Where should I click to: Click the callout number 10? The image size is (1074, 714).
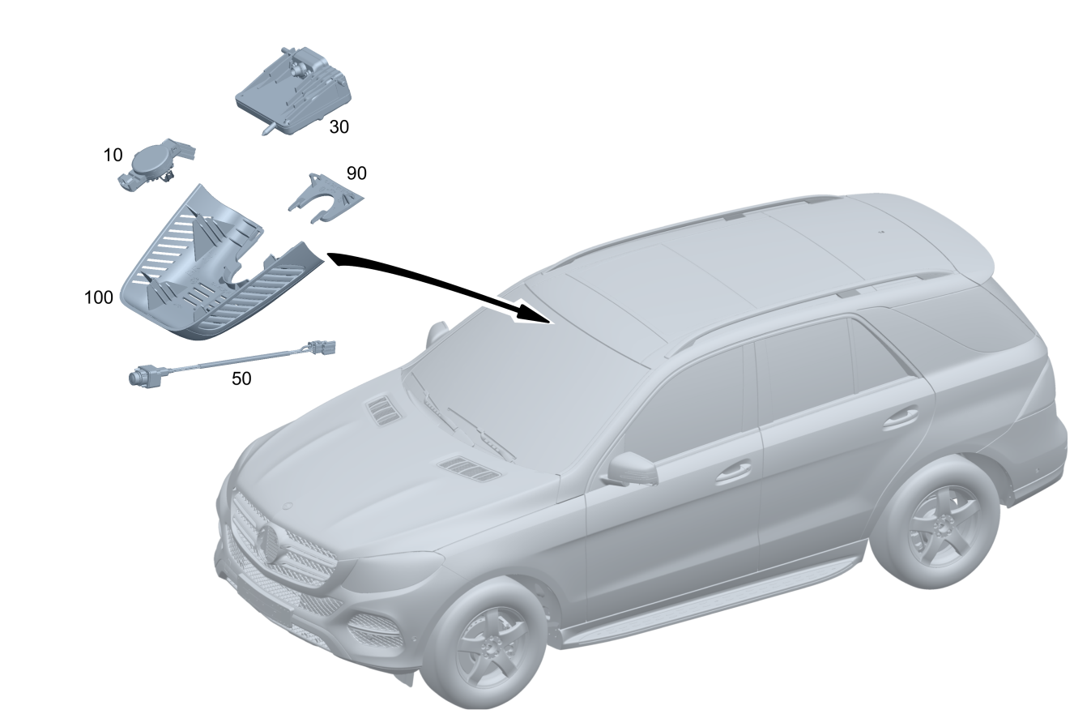[x=113, y=155]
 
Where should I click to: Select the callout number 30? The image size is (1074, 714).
[x=339, y=127]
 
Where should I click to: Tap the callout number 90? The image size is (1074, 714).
[x=356, y=173]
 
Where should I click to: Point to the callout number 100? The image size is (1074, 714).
[x=98, y=297]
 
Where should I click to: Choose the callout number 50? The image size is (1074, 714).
[x=241, y=379]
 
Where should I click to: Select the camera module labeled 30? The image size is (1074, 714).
[x=293, y=91]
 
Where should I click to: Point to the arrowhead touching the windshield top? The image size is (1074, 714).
[x=533, y=313]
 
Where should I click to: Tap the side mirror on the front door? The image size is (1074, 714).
[x=632, y=468]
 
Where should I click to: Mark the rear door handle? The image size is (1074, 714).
[x=901, y=418]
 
